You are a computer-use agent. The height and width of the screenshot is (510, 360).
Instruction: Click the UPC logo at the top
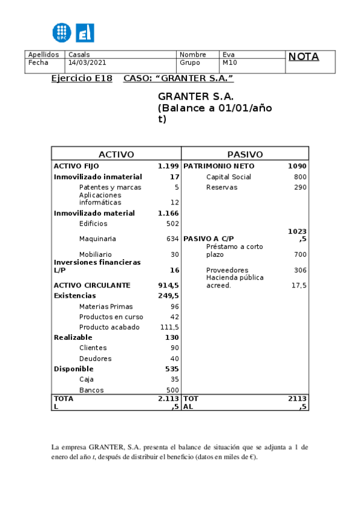click(x=63, y=32)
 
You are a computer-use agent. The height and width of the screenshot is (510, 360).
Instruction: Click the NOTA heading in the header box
click(x=304, y=57)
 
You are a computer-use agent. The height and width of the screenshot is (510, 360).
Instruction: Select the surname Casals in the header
click(x=79, y=55)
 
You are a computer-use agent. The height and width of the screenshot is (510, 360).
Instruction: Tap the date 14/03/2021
click(x=88, y=63)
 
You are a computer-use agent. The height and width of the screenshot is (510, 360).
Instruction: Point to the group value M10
click(x=230, y=63)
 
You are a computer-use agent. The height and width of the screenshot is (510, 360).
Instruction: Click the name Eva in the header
click(x=228, y=55)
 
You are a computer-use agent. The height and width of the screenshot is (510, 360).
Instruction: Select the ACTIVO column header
click(x=116, y=155)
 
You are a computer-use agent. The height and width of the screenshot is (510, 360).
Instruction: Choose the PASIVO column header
click(x=245, y=155)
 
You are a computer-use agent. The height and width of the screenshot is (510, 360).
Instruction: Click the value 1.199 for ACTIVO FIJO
click(x=168, y=166)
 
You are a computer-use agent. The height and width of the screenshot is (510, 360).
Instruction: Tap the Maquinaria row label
click(x=97, y=239)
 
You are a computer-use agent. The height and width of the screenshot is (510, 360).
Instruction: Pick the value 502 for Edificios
click(x=172, y=224)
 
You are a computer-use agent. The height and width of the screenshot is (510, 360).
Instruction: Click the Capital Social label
click(x=228, y=177)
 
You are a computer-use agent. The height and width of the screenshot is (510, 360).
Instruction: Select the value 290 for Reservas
click(x=300, y=188)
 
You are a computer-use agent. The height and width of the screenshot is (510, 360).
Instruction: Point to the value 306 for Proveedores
click(x=300, y=271)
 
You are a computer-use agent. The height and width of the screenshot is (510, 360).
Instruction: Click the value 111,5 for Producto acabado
click(x=169, y=327)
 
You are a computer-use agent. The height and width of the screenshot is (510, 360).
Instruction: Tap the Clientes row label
click(x=93, y=348)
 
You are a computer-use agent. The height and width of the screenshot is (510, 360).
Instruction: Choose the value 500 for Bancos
click(x=172, y=390)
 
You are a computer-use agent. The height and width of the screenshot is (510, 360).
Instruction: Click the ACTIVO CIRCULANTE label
click(x=92, y=285)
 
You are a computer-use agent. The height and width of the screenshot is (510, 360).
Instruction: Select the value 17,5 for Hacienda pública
click(x=299, y=285)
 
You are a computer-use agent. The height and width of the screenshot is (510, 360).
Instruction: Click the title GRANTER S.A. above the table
click(x=196, y=97)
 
